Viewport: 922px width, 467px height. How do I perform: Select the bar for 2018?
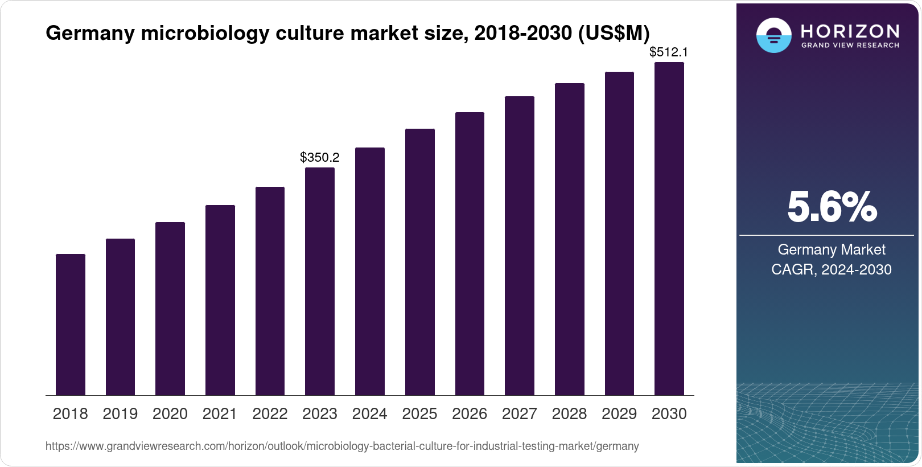(x=71, y=325)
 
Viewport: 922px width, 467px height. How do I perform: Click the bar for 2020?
(x=170, y=309)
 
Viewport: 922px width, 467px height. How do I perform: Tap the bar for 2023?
(x=320, y=281)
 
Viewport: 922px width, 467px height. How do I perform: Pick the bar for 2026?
(x=470, y=253)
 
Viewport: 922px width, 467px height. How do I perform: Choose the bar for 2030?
(x=669, y=228)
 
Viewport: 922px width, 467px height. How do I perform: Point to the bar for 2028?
(x=569, y=239)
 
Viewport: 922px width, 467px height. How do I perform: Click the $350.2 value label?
(x=320, y=157)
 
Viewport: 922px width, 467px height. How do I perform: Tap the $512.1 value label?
(x=669, y=52)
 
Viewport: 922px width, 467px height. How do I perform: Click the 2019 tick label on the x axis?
(x=120, y=414)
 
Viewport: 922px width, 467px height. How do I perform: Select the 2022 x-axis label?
(x=270, y=414)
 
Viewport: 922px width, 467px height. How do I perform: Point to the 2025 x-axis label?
(x=419, y=414)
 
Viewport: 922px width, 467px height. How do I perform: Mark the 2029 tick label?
(x=619, y=414)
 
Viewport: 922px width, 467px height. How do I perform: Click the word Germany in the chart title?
(x=90, y=34)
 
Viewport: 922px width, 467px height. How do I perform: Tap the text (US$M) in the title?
(x=614, y=34)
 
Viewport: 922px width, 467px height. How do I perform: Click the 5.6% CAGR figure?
(x=832, y=207)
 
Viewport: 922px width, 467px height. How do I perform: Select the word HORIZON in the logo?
(x=850, y=31)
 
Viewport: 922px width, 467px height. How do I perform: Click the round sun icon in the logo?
(x=773, y=36)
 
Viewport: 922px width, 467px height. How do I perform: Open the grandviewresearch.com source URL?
(x=342, y=446)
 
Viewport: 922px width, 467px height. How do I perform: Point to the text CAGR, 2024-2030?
(x=832, y=269)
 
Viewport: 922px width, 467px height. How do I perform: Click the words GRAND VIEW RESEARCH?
(x=850, y=46)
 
